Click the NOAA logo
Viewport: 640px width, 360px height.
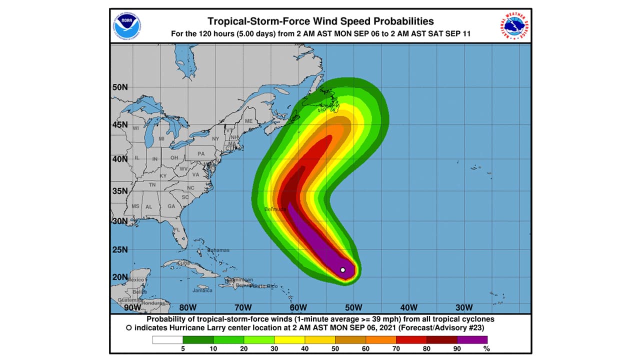pyautogui.click(x=127, y=25)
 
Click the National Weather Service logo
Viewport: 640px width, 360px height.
pyautogui.click(x=513, y=25)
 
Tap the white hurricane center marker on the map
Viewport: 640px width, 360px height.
pyautogui.click(x=342, y=270)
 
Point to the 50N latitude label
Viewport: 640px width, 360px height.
pyautogui.click(x=119, y=87)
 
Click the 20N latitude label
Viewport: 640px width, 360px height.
pyautogui.click(x=119, y=277)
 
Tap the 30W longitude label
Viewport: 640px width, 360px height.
pyautogui.click(x=464, y=307)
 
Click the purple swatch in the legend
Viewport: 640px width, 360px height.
pyautogui.click(x=472, y=340)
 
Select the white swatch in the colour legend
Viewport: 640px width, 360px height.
pyautogui.click(x=167, y=340)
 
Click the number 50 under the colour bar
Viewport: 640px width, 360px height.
pyautogui.click(x=335, y=348)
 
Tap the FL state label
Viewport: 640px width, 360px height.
pyautogui.click(x=176, y=230)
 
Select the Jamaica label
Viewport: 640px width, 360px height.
pyautogui.click(x=202, y=290)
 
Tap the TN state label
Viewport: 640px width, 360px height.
pyautogui.click(x=152, y=185)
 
